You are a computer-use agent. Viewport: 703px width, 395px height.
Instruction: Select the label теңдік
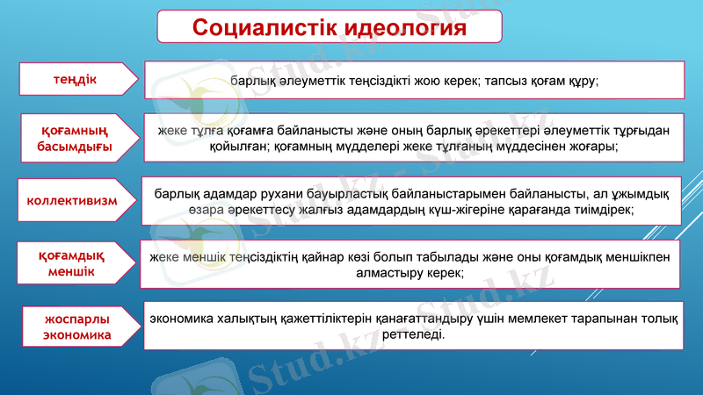[74, 80]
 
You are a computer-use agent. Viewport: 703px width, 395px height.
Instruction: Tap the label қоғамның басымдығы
[75, 138]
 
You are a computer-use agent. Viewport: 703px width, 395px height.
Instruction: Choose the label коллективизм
[73, 199]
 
